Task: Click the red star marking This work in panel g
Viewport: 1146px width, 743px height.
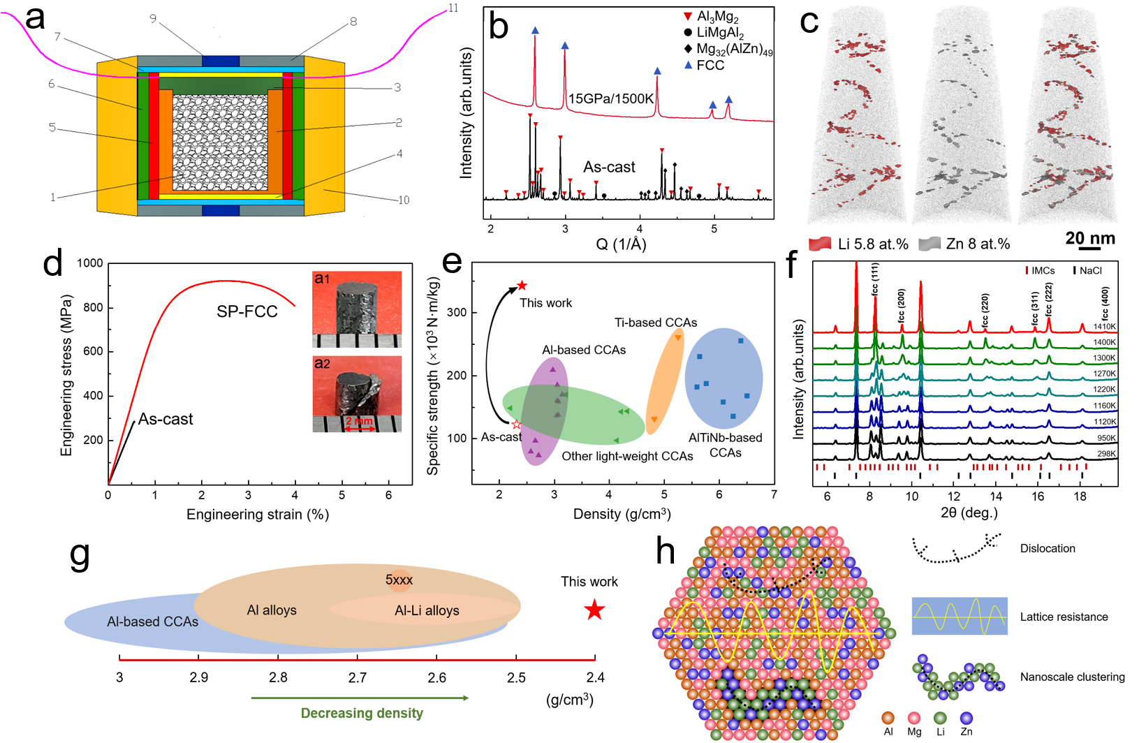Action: coord(594,610)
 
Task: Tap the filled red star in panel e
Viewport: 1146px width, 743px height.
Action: coord(522,286)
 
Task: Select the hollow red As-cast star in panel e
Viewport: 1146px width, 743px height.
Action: coord(516,425)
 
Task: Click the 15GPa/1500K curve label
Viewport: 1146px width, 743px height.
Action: coord(611,98)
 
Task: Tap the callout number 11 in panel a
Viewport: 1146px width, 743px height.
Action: coord(453,8)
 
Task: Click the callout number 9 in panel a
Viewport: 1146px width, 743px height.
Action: coord(153,19)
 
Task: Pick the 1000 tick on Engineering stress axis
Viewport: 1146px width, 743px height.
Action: coord(90,263)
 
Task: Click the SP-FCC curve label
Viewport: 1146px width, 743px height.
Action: coord(247,311)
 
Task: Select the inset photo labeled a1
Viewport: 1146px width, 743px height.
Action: coord(357,309)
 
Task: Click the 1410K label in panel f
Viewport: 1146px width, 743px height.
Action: coord(1104,327)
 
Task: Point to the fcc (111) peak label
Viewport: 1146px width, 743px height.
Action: coord(875,279)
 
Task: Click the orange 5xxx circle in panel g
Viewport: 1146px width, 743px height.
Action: coord(399,580)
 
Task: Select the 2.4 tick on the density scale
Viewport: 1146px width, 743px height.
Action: coord(595,677)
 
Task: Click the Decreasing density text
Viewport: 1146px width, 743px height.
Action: coord(362,713)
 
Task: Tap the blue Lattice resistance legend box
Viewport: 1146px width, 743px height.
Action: coord(960,616)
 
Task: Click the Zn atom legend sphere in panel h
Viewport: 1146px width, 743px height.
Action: coord(966,718)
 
